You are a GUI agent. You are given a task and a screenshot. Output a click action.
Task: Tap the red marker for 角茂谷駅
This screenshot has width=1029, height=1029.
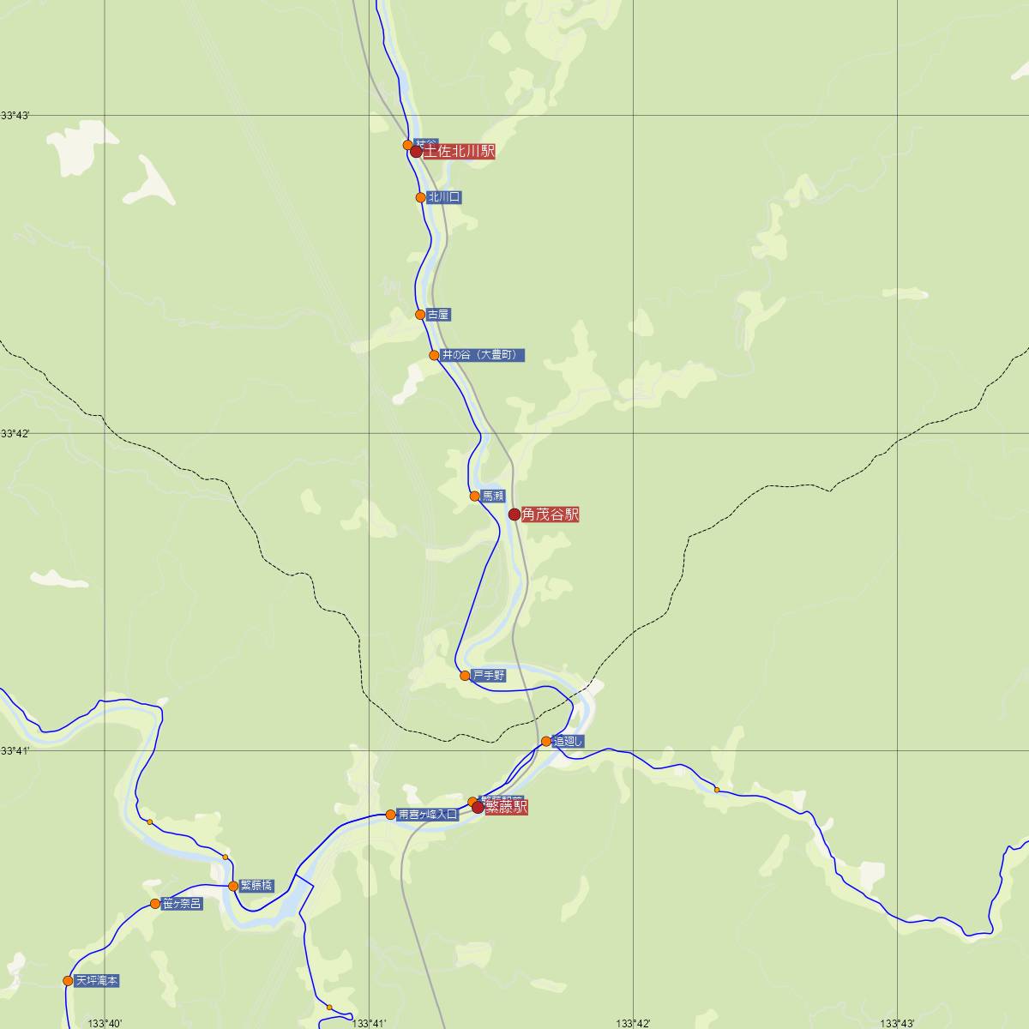tap(514, 514)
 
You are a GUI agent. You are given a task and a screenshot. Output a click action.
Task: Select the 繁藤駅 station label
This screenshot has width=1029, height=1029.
tap(507, 807)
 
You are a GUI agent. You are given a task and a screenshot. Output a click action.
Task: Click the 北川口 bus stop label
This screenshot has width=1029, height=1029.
tap(444, 197)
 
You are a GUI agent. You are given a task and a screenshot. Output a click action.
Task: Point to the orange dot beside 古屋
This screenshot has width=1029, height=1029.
tap(420, 315)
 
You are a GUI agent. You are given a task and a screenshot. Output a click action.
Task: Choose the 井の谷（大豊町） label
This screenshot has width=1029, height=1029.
tap(482, 355)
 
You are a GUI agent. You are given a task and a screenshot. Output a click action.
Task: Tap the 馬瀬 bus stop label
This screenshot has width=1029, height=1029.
tap(493, 496)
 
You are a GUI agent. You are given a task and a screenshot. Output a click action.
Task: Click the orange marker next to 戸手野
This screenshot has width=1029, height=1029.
tap(465, 676)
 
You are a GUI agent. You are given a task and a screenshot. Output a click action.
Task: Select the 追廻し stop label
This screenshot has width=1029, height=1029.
tap(569, 742)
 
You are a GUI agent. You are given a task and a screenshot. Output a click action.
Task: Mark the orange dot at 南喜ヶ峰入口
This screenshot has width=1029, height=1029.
tap(391, 815)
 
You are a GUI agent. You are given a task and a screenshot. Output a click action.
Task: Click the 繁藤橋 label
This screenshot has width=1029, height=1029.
tap(256, 886)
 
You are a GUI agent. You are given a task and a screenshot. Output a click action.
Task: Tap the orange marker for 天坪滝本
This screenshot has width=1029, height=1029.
tap(68, 981)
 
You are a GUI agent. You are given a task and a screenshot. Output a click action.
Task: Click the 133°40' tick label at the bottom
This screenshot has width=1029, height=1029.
tap(105, 1023)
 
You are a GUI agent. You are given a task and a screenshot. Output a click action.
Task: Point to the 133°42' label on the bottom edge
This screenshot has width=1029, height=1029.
tap(633, 1023)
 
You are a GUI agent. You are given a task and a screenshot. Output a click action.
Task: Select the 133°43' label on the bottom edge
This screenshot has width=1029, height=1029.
tap(897, 1023)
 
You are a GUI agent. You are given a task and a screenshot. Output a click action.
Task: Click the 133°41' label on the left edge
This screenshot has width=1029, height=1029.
tap(15, 751)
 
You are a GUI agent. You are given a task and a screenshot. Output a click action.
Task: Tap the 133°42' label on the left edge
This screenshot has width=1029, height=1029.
tap(15, 434)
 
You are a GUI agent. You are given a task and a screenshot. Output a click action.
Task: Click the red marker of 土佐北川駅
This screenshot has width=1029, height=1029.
tap(416, 152)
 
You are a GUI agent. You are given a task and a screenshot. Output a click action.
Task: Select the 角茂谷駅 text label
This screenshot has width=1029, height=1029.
tap(550, 514)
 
